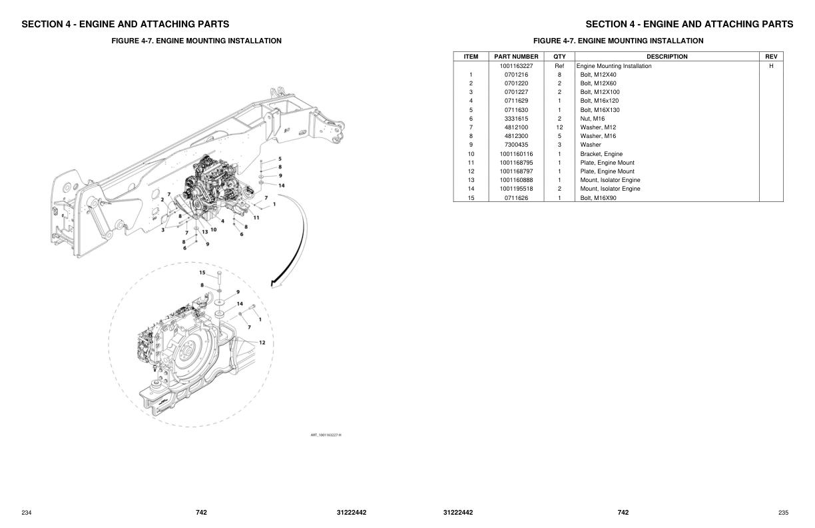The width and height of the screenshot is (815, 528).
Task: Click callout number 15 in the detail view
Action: pos(202,272)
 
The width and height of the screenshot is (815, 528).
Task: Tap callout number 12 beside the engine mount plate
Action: pos(262,342)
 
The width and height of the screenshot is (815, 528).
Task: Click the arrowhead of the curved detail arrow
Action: pos(274,284)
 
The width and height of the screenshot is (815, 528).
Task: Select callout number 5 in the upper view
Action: pos(280,159)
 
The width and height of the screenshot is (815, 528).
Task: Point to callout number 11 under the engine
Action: pos(256,217)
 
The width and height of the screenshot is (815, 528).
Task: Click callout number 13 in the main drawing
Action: pos(205,231)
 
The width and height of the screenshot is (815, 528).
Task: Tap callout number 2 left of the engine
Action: pos(162,200)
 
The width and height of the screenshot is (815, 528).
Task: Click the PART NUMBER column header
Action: pos(516,57)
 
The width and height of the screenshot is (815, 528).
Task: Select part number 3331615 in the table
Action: pos(516,119)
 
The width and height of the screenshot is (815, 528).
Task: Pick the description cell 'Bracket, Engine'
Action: pos(601,154)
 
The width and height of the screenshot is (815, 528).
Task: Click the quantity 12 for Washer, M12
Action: pos(559,127)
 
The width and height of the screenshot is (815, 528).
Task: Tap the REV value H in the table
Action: pos(771,66)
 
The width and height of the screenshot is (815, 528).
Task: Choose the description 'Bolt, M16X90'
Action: pos(598,198)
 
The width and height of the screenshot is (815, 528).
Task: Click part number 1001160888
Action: pos(516,180)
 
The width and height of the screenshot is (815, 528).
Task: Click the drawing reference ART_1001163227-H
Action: pos(326,435)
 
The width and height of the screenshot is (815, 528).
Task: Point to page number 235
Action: pos(783,513)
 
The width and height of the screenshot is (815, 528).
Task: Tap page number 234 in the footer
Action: pos(27,513)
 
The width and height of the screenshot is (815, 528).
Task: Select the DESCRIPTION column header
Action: pos(667,57)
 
